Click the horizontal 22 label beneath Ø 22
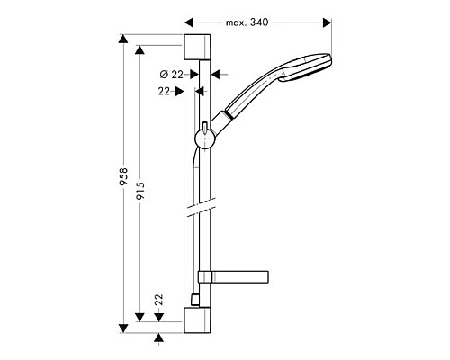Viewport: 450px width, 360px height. point(165,90)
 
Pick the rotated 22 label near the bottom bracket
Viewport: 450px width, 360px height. point(158,301)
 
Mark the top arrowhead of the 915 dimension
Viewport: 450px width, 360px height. point(140,50)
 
